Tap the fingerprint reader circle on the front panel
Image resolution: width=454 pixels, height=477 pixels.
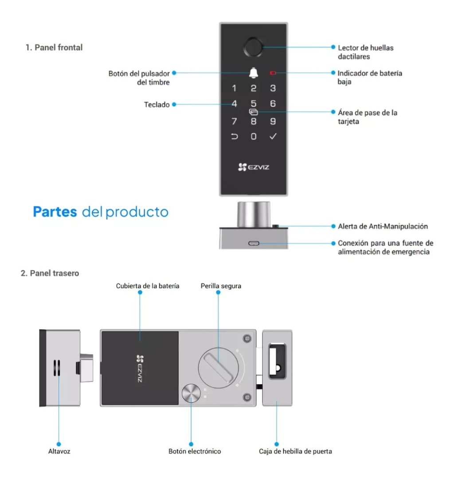click(253, 47)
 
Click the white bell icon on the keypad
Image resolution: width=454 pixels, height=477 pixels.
click(254, 73)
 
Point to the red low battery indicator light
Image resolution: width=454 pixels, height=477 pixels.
click(273, 73)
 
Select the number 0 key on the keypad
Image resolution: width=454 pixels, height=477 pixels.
click(254, 136)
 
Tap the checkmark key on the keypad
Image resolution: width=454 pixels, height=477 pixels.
click(273, 136)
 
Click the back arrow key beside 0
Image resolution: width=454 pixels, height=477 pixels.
click(234, 136)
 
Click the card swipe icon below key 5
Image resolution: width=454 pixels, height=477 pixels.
click(254, 112)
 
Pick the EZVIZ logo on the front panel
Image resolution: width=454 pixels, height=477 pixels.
click(254, 167)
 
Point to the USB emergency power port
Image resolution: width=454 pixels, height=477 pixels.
click(254, 243)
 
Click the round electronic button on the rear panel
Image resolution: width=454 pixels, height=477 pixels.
click(191, 393)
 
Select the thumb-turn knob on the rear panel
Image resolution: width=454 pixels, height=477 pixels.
click(219, 368)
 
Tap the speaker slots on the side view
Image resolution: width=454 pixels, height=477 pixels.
click(57, 368)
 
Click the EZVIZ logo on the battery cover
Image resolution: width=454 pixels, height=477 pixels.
click(140, 368)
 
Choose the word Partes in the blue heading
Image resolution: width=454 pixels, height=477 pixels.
click(55, 212)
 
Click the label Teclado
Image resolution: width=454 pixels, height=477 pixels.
click(157, 105)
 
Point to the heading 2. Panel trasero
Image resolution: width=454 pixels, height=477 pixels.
click(50, 273)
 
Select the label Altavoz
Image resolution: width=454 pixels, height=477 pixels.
click(59, 451)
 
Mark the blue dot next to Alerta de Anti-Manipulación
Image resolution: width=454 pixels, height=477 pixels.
click(333, 226)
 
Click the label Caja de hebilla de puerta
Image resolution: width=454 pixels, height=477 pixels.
click(295, 451)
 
